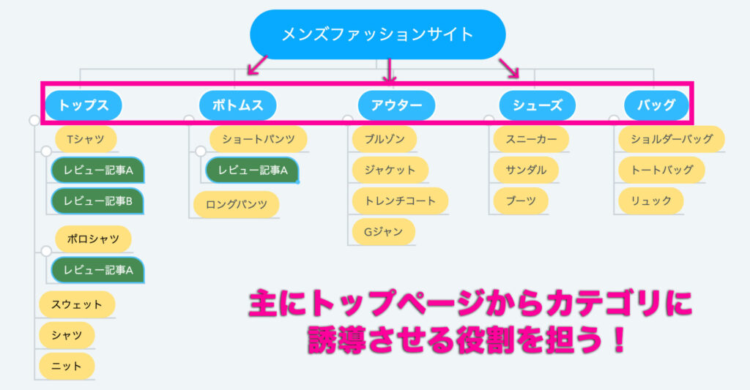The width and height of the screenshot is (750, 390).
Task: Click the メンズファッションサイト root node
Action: (377, 34)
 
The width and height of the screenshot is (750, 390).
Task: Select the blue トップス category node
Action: (83, 105)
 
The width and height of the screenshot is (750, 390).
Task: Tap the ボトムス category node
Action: (238, 105)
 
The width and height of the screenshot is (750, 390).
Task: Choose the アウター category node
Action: (396, 105)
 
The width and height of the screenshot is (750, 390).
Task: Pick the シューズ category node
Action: (537, 105)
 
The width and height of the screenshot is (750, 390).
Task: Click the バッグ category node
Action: (656, 105)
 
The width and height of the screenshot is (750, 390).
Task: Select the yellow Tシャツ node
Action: (86, 139)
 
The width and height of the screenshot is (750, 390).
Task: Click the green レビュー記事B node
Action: (97, 201)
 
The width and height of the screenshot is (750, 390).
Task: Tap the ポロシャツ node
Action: (93, 239)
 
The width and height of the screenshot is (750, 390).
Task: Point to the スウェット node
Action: (77, 304)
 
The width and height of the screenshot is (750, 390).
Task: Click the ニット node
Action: (67, 367)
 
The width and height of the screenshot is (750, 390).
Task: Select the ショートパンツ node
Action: (259, 139)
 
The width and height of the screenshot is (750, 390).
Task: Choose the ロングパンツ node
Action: (237, 205)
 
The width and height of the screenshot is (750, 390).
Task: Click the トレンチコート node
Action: (400, 201)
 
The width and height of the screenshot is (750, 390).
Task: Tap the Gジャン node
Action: (384, 232)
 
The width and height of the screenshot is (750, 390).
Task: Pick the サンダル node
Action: (526, 170)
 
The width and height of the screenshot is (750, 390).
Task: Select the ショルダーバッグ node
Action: (672, 139)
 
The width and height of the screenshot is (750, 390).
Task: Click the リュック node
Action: (651, 201)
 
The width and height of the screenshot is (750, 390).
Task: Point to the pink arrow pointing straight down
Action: (390, 70)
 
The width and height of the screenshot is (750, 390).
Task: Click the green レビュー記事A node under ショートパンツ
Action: (253, 170)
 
